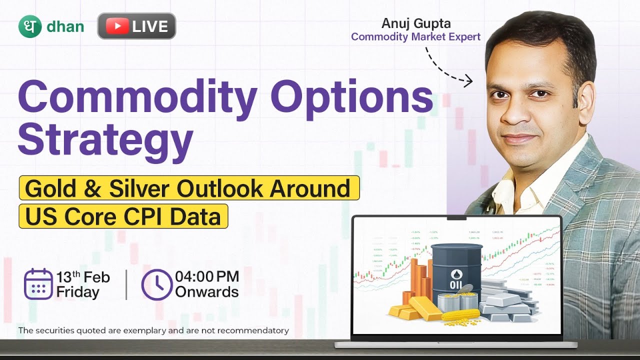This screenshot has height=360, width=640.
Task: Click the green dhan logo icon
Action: tap(29, 26)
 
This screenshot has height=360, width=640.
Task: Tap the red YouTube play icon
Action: tap(117, 26)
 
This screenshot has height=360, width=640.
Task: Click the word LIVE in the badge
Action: tap(150, 26)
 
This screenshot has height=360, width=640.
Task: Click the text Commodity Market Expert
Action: tap(415, 36)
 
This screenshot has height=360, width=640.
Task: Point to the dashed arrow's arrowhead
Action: tap(468, 80)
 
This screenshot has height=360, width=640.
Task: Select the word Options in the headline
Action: tap(354, 97)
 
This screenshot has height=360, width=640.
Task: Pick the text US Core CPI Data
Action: tap(123, 216)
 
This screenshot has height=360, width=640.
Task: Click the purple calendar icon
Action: tap(38, 284)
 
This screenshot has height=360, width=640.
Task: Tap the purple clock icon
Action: tap(156, 284)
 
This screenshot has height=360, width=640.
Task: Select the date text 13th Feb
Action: tap(82, 277)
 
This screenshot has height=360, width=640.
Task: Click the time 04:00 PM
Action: tap(206, 276)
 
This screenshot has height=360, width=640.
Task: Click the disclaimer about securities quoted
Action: tap(153, 330)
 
